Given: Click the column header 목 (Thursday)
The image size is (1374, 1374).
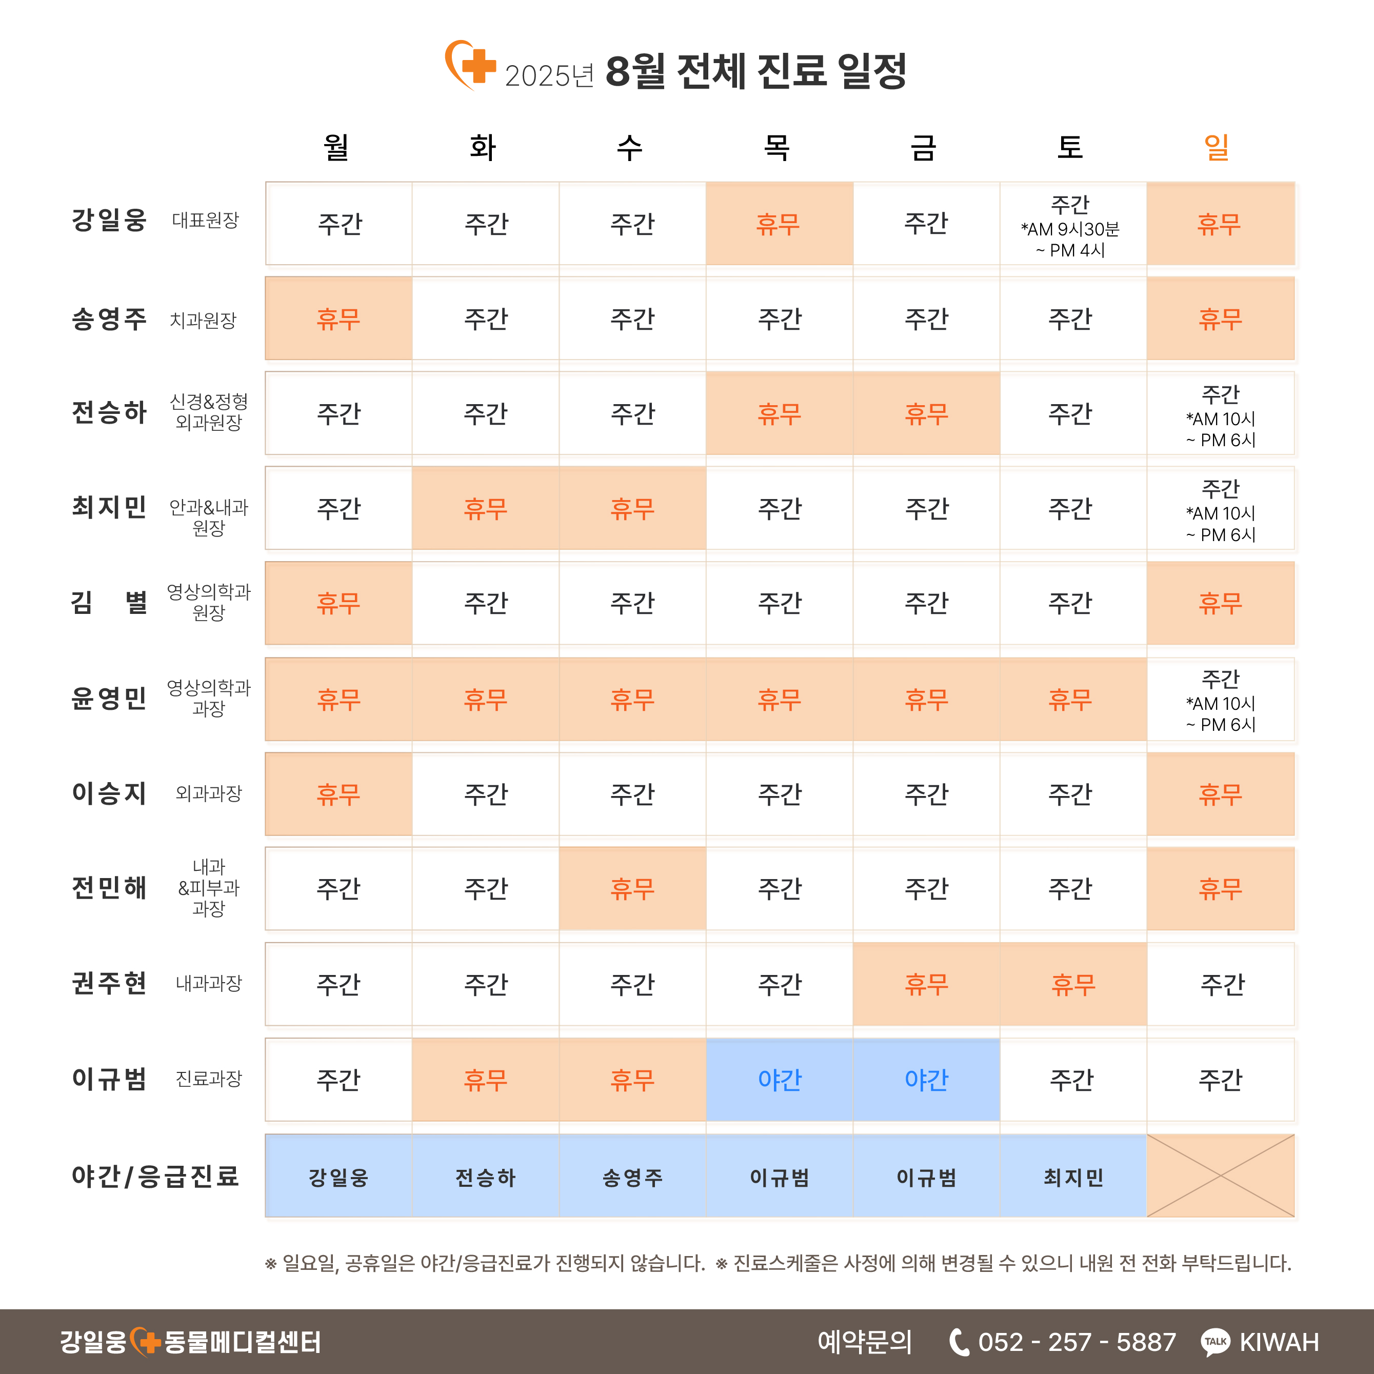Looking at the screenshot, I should pos(776,148).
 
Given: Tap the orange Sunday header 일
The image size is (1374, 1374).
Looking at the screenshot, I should pos(1216,148).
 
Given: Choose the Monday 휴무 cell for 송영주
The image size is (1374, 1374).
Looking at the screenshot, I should pos(338,318).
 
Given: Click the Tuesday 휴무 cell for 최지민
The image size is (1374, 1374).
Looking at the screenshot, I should pos(486,508).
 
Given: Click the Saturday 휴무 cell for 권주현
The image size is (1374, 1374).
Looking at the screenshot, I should pos(1073,984).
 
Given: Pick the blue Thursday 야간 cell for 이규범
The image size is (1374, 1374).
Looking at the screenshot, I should pos(780,1080).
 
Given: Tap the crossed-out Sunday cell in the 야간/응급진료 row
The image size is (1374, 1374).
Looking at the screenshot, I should pos(1220,1176).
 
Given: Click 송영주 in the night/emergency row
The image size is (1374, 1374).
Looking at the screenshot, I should pos(632,1178).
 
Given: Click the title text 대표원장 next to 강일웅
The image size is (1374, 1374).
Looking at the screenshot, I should pos(206,221).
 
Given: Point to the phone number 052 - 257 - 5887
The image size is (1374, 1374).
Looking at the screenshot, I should pos(1077,1342).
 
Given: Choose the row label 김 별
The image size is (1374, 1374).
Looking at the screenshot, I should pos(109,602).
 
